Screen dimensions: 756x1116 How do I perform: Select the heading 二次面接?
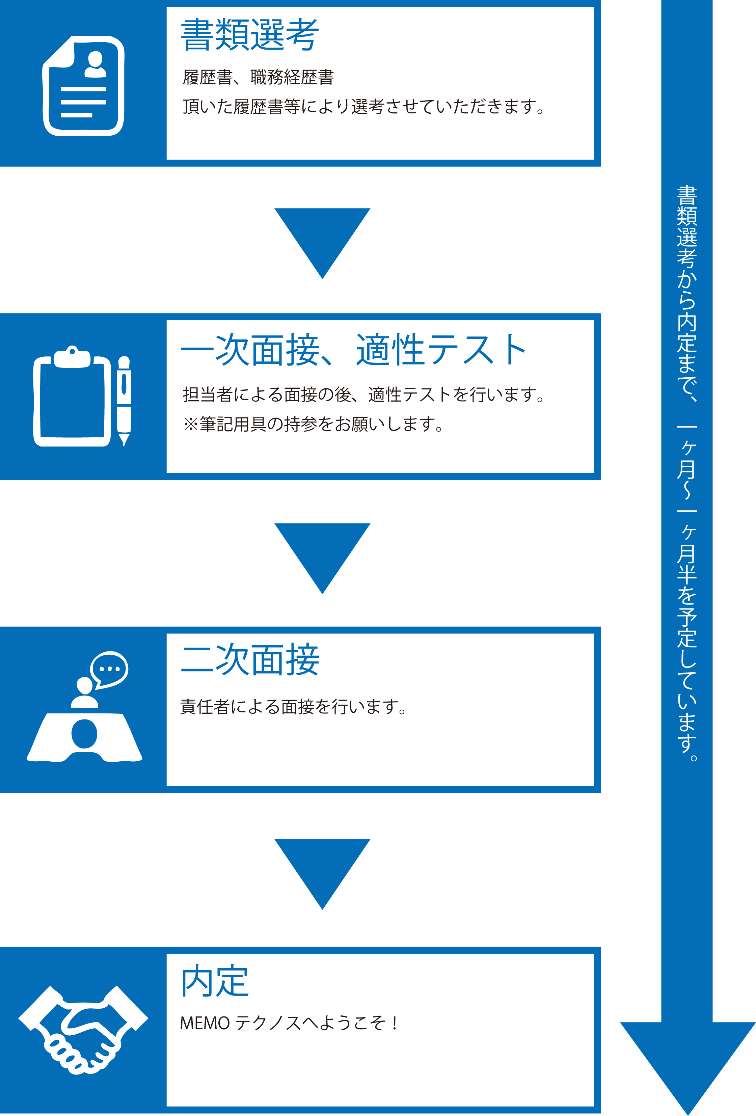coord(250,660)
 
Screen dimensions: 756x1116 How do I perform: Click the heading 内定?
coord(215,981)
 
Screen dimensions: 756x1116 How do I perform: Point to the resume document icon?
coord(84,86)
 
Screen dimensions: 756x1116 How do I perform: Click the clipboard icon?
coord(72,396)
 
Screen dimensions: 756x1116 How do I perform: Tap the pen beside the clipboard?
coord(124,401)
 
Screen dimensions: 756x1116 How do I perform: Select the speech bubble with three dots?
coord(109,670)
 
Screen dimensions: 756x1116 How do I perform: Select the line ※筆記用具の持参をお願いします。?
coord(313,424)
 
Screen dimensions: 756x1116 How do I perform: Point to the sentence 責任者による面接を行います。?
coord(294,706)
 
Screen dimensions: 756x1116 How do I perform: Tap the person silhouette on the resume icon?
coord(95,65)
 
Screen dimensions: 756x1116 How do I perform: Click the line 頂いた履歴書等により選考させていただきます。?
coord(363,107)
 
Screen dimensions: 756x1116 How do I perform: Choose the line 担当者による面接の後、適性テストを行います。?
coord(363,395)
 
